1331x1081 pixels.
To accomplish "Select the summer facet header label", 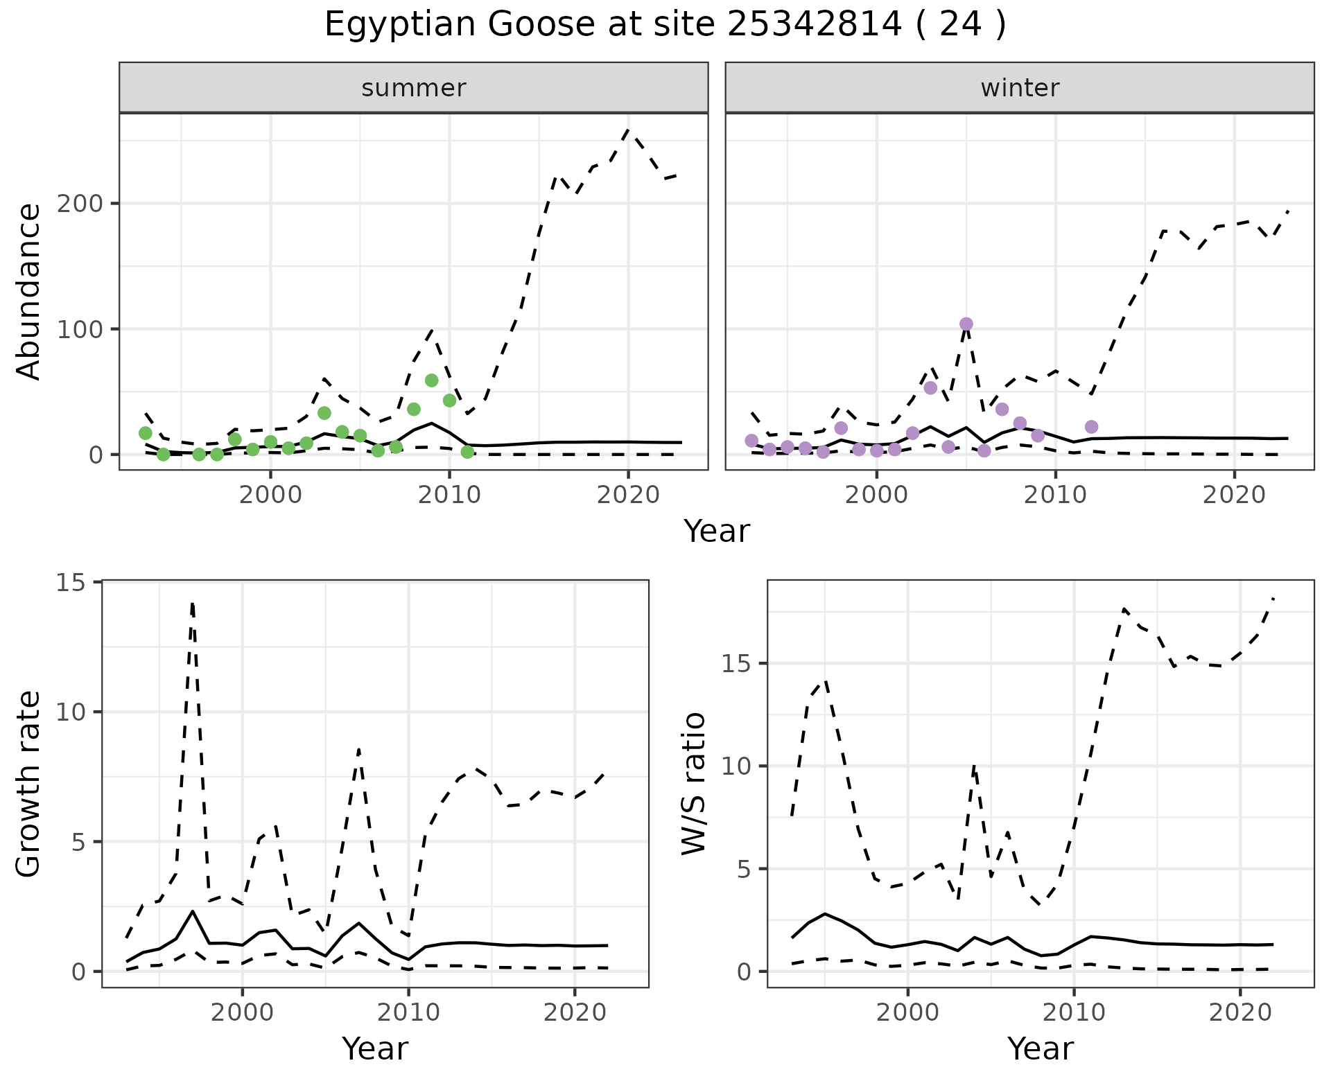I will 414,88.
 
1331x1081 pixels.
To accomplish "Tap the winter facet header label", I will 1019,88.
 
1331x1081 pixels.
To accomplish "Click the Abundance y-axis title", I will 29,292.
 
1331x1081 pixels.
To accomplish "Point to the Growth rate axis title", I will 29,784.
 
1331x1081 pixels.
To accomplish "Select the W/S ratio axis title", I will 694,784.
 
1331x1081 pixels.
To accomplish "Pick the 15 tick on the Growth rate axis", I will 72,582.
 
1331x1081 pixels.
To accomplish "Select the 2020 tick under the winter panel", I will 1234,495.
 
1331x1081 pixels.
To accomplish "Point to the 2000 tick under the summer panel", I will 270,495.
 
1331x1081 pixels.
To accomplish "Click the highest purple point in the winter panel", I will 966,324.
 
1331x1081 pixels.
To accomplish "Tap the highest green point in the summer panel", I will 431,380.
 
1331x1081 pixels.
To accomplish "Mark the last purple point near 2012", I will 1091,427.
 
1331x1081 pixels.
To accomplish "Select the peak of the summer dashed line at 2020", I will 627,130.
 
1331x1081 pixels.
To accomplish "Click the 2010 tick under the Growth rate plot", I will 409,1013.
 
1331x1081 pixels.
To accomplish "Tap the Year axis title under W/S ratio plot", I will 1040,1049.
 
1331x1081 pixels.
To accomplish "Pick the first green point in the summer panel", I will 146,433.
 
